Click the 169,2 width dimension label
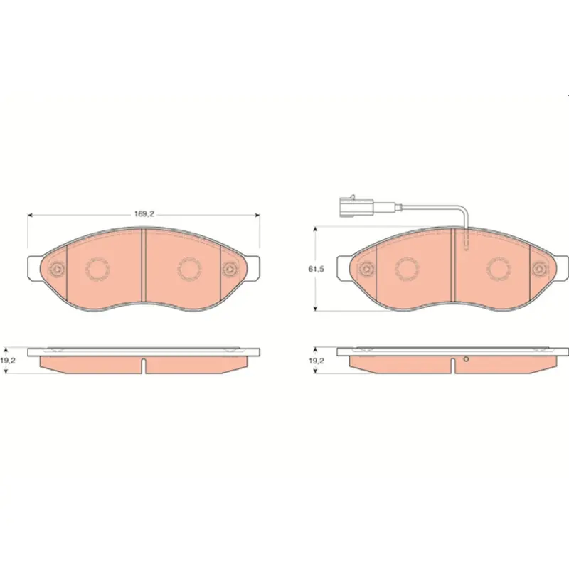(144, 214)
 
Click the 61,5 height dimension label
(316, 269)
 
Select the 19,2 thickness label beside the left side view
(6, 361)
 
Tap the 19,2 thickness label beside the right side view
(316, 361)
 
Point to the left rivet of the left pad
(57, 270)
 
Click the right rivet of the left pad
(229, 270)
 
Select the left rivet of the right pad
(366, 270)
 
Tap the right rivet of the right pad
(538, 270)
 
